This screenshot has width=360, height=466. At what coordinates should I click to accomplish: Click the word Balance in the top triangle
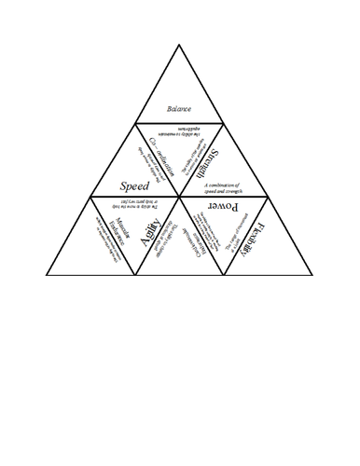[178, 108]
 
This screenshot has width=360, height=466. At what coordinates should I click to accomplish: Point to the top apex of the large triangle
[179, 45]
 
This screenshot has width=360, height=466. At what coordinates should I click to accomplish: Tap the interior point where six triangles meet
[179, 196]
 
